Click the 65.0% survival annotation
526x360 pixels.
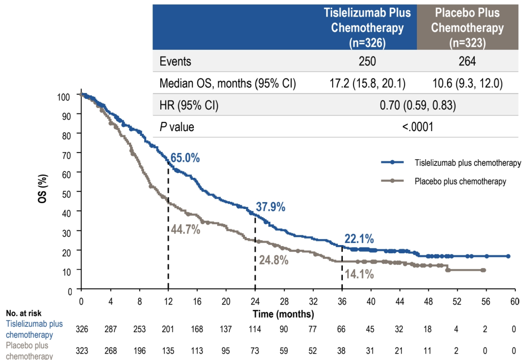(x=185, y=158)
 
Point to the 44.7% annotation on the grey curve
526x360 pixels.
(x=185, y=229)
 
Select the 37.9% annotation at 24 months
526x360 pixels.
(x=270, y=207)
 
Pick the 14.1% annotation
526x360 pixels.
(x=359, y=274)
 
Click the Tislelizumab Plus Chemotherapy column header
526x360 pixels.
(x=367, y=27)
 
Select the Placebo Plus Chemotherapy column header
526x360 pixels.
(x=467, y=27)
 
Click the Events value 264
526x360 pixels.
(x=467, y=61)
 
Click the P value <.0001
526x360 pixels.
(x=418, y=127)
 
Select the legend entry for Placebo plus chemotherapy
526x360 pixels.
(x=460, y=181)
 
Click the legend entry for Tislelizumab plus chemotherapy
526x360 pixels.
(x=468, y=163)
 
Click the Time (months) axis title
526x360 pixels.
(x=283, y=314)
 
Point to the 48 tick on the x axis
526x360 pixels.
(x=428, y=302)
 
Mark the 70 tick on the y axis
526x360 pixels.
(x=67, y=154)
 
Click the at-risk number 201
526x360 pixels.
(x=168, y=330)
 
